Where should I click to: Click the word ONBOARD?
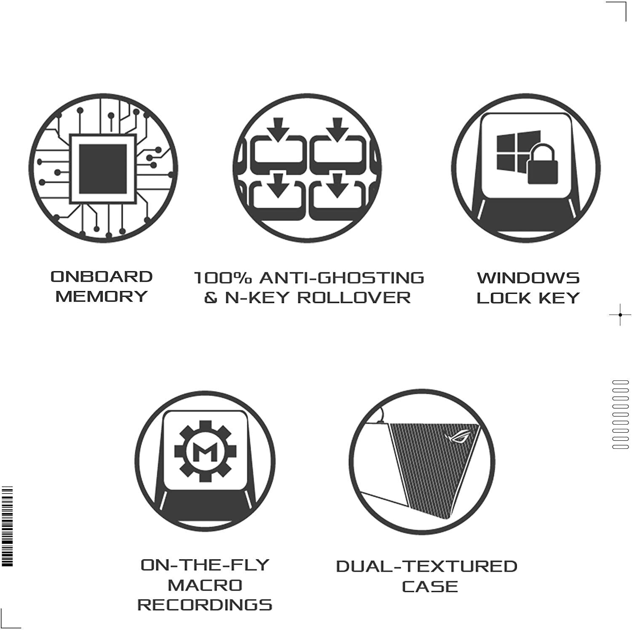coord(102,277)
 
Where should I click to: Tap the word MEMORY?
coord(102,296)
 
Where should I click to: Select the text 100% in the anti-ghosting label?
coord(223,278)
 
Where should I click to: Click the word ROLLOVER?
coord(354,298)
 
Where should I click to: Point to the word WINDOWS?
coord(528,278)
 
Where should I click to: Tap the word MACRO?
coord(205,585)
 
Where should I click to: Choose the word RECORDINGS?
coord(205,605)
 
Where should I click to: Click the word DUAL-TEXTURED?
coord(426,566)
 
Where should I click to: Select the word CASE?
coord(430,587)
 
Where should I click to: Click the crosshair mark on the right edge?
coord(620,315)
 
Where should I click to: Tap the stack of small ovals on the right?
coord(620,414)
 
